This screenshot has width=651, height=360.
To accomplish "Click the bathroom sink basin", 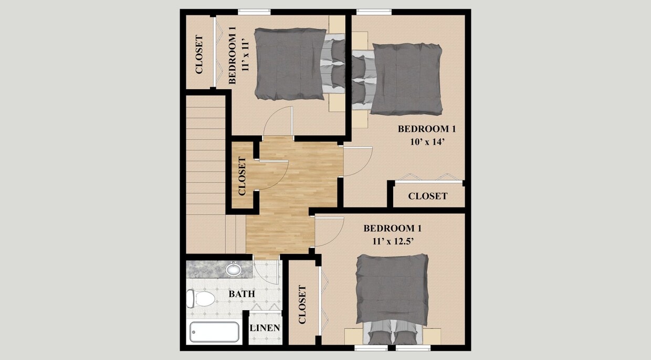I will pos(233,270).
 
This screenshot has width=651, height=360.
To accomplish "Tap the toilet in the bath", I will pos(201,299).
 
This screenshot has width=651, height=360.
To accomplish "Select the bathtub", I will pos(214,332).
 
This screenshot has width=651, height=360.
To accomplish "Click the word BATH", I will pos(241,294).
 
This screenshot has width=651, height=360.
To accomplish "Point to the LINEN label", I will pos(265,328).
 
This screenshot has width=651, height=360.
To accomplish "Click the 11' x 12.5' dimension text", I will pos(393,241).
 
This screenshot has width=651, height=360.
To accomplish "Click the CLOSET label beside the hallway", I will pos(242,176).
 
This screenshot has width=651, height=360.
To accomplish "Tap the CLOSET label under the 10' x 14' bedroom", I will pos(428,196).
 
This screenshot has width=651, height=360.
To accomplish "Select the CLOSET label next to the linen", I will pos(302,304).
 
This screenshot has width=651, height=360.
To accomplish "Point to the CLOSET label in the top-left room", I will pos(199,54).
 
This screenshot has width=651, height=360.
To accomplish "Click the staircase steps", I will pos(206,157).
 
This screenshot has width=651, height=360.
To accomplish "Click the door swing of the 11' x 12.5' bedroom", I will pos(329,231).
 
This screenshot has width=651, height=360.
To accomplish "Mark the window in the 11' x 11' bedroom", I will pos(254,12).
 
